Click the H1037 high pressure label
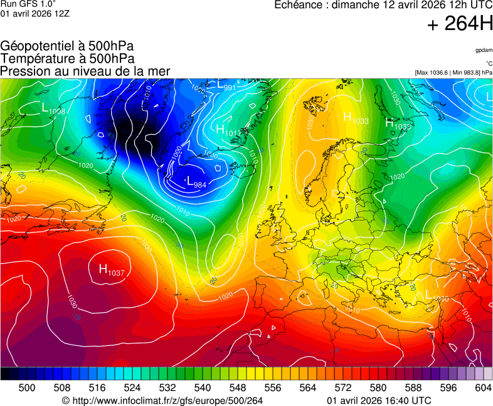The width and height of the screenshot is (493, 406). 112,270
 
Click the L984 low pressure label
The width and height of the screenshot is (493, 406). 196,182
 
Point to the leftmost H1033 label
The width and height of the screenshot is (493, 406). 356,118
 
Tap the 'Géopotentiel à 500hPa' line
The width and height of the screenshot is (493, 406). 66,46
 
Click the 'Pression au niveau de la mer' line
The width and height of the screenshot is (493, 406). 85,71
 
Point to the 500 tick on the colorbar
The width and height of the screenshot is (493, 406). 26,388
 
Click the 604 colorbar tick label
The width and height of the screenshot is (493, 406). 483,388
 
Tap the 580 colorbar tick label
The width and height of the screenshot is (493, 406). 378,388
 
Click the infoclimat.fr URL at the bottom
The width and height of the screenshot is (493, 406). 162,400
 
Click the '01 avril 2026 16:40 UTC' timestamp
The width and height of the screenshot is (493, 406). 379,400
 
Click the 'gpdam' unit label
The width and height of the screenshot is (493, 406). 484,50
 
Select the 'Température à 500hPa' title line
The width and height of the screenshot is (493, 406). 67,59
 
